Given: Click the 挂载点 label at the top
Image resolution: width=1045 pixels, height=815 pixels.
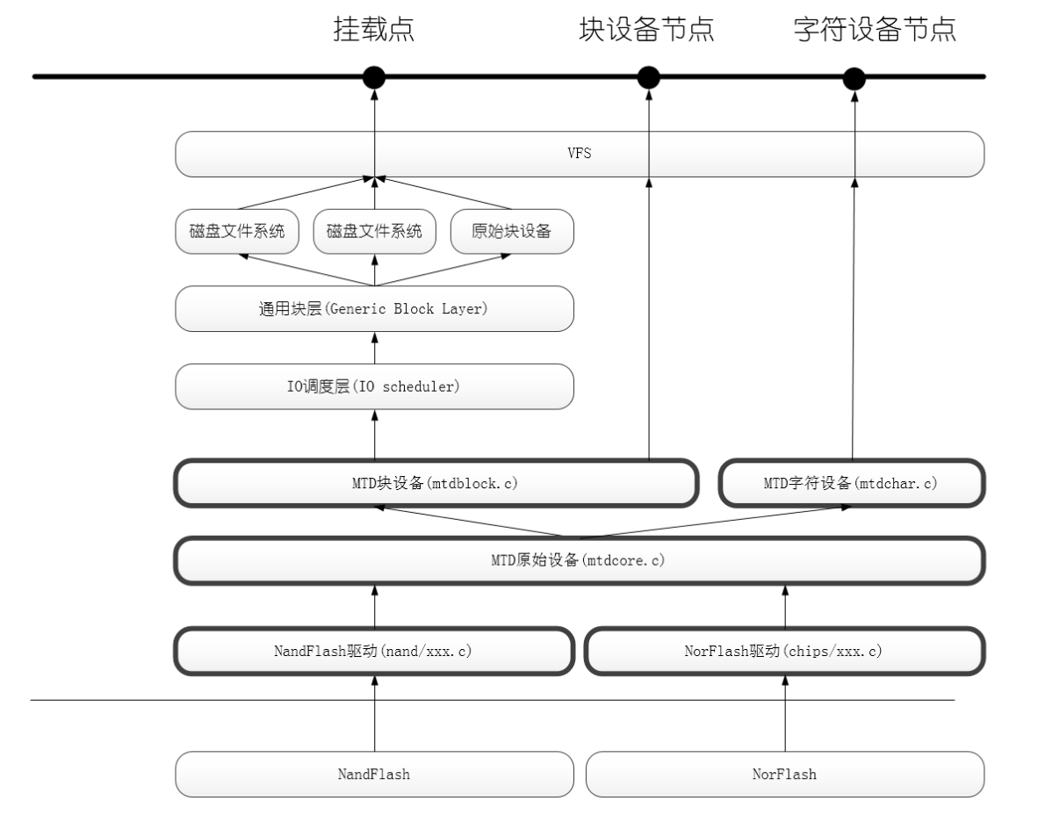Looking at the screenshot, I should [373, 30].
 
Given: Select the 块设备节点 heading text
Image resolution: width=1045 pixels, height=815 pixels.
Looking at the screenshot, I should [646, 30].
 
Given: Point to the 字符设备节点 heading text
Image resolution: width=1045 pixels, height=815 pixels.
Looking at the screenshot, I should [874, 30].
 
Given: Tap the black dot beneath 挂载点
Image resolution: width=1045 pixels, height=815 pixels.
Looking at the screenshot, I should [374, 77].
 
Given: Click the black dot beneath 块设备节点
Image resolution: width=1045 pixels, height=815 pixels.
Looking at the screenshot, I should [648, 77].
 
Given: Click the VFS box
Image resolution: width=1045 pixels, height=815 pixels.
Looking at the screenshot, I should [580, 153].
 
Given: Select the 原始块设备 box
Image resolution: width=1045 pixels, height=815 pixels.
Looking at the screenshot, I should [511, 232].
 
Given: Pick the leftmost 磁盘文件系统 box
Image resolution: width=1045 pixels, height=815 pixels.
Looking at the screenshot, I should [237, 232].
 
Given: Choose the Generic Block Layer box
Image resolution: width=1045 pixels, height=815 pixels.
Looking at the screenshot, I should [374, 310].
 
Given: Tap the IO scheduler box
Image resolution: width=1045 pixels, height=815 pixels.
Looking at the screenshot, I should [374, 386].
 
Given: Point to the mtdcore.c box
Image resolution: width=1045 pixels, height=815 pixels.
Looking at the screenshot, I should [578, 559].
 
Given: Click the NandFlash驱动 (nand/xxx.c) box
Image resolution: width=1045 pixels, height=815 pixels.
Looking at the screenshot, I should [375, 651].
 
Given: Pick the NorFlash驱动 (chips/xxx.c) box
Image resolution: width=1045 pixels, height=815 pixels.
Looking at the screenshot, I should [783, 651].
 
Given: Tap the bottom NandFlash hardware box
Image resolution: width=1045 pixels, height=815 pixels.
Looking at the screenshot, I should [375, 774].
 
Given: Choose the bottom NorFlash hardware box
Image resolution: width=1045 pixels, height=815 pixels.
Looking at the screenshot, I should [783, 774].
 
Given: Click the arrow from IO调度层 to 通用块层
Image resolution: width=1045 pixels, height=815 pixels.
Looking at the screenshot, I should [375, 349].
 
